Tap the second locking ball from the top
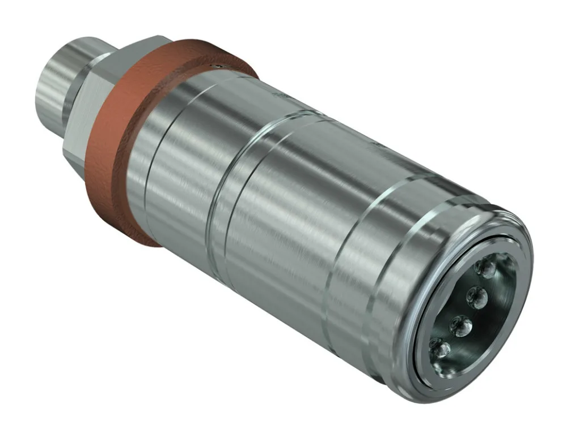pyautogui.click(x=477, y=295)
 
